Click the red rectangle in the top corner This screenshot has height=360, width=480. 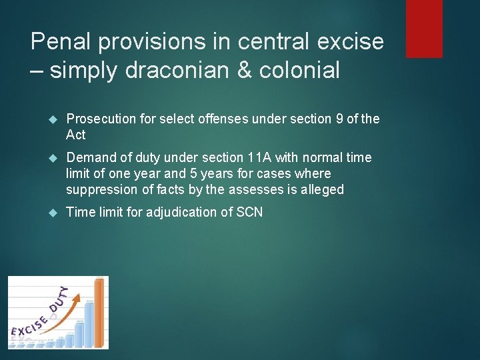424,28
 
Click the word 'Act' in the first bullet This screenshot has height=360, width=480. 76,135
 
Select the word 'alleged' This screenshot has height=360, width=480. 322,189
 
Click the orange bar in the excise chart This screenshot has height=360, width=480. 100,313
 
